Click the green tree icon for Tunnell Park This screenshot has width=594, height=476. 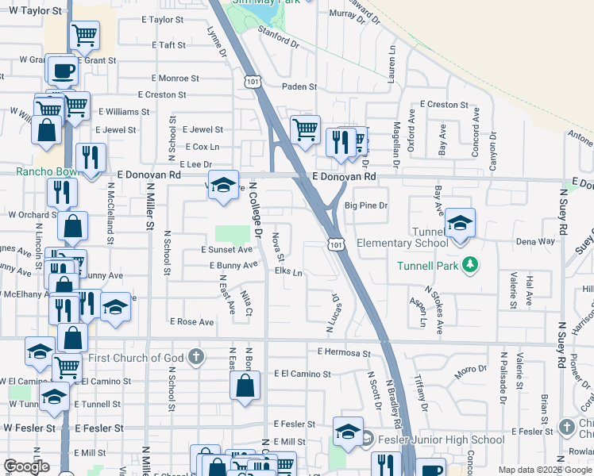point(470,264)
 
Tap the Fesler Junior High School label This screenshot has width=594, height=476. point(441,440)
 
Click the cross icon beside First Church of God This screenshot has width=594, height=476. point(196,357)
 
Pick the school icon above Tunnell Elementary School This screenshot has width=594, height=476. point(459,223)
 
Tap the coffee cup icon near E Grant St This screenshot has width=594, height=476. point(62,69)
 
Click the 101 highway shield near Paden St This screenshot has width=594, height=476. point(253,82)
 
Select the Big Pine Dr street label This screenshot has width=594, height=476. point(365,205)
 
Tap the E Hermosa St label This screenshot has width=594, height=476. point(344,351)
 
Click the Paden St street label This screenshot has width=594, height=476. point(301,86)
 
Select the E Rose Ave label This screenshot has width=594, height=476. point(192,322)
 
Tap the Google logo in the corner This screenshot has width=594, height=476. point(26,466)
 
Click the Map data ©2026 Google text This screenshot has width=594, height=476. point(546,470)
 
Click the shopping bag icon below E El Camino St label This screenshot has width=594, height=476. point(245,386)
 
